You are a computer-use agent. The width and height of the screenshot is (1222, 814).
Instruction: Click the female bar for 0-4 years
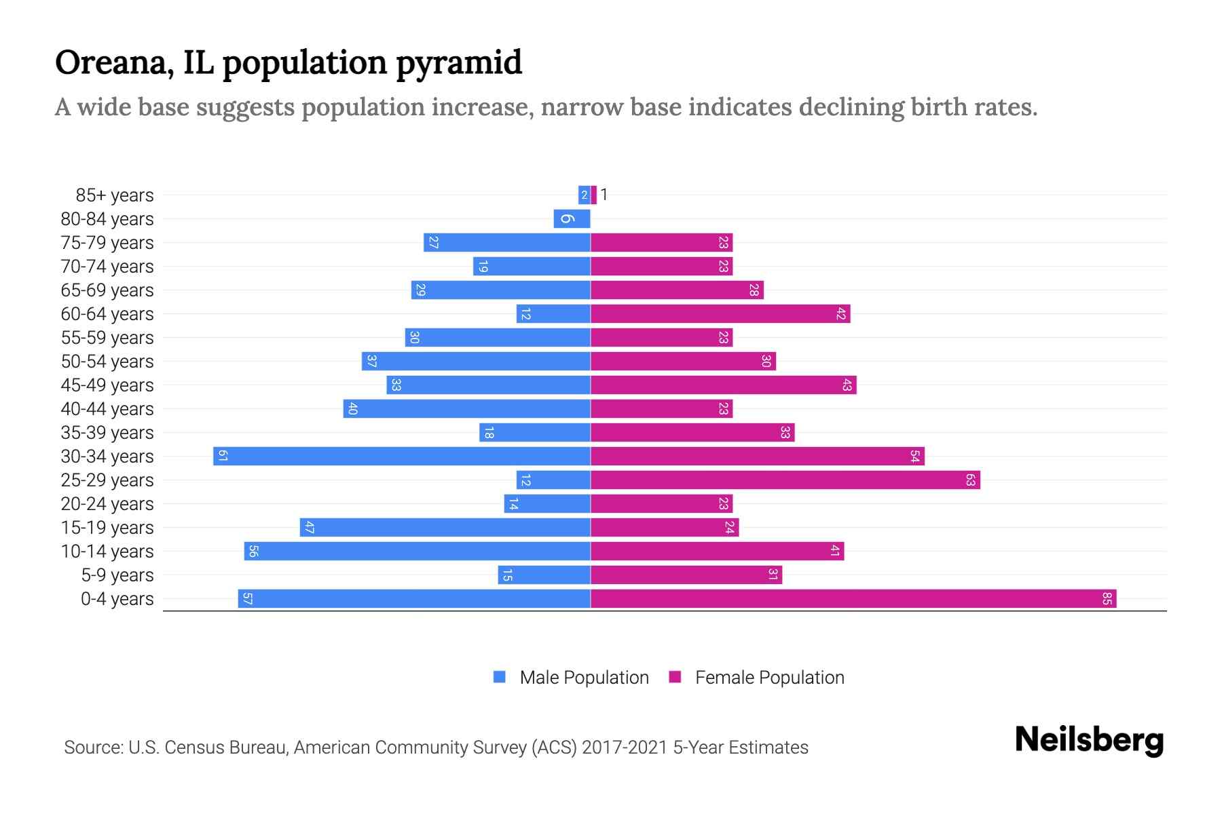(x=853, y=599)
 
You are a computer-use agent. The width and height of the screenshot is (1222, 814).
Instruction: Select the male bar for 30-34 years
(x=402, y=457)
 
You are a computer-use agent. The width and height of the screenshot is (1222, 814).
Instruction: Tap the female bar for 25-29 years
(x=785, y=480)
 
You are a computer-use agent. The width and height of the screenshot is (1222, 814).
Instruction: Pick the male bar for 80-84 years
(x=572, y=219)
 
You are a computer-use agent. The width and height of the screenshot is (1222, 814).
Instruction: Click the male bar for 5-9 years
(x=544, y=575)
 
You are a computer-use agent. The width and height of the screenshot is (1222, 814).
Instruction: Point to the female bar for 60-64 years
(x=720, y=314)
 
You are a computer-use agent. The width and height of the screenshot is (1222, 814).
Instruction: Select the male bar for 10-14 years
(x=417, y=551)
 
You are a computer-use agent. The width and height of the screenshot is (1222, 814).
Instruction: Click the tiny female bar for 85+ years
(x=594, y=195)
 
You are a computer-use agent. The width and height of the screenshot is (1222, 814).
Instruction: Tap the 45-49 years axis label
(x=107, y=385)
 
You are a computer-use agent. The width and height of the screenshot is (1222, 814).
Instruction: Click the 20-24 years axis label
(x=107, y=504)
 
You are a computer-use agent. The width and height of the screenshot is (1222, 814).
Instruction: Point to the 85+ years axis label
(x=115, y=195)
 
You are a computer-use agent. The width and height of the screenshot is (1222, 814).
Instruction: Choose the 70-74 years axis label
(x=107, y=267)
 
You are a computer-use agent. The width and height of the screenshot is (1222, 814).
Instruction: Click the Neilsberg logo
(x=1089, y=740)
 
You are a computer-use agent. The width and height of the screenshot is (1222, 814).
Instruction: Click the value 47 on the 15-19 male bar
(x=310, y=528)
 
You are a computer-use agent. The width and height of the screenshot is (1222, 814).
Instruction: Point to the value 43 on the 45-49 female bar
(x=847, y=385)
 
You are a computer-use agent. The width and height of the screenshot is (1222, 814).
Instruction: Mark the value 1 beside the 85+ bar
(x=604, y=195)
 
